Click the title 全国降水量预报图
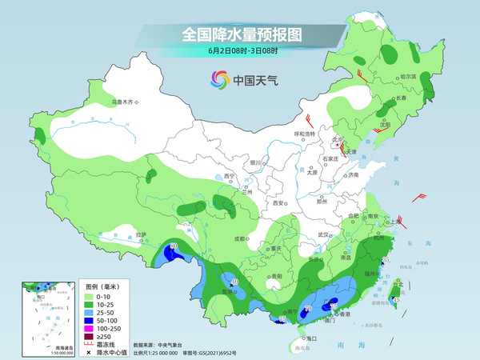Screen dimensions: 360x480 [x=241, y=34]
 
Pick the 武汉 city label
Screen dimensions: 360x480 [x=324, y=234]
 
